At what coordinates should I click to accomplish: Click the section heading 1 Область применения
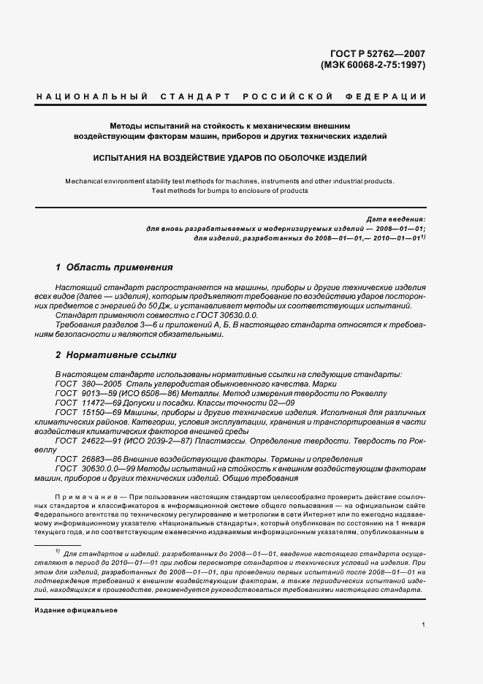pyautogui.click(x=114, y=267)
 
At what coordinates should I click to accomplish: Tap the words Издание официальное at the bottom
pyautogui.click(x=76, y=609)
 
